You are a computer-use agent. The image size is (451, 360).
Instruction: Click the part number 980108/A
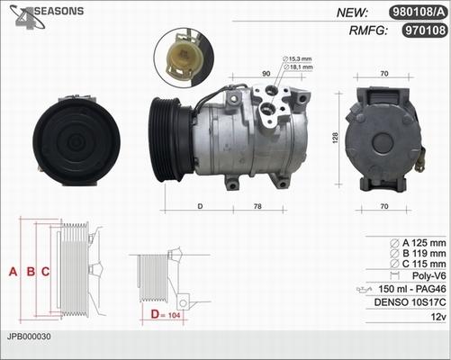[419, 13]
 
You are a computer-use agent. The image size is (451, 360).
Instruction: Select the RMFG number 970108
[425, 31]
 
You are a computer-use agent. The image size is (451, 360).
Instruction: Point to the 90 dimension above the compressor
[266, 74]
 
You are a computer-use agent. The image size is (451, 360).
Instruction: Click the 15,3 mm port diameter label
[297, 58]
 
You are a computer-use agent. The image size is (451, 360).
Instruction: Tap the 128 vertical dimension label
[335, 138]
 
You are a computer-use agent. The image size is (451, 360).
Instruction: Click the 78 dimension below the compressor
[257, 206]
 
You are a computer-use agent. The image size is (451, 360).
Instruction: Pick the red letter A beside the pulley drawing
[13, 272]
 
